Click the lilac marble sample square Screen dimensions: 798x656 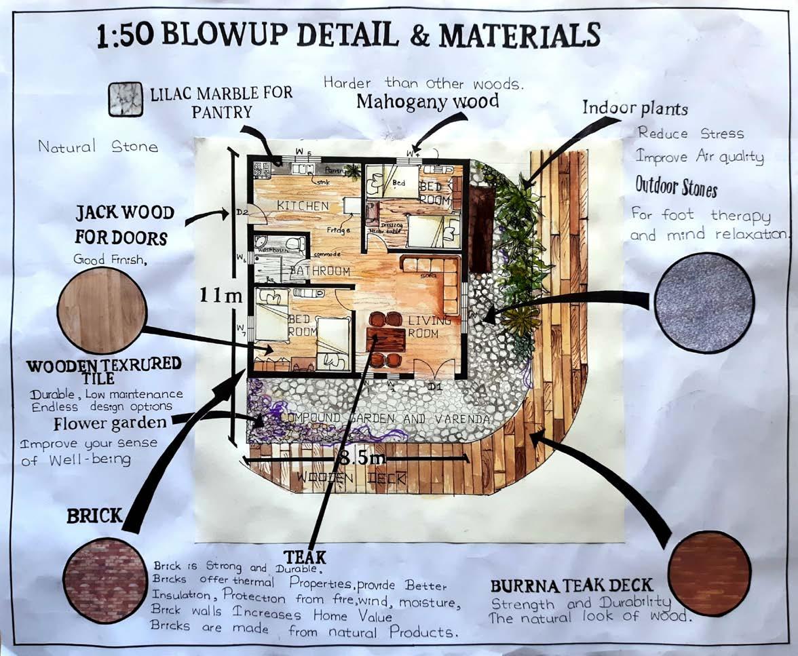click(126, 100)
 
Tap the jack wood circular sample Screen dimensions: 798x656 click(102, 309)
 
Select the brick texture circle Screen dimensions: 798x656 click(105, 579)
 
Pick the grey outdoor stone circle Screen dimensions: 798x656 click(704, 303)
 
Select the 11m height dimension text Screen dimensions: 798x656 click(221, 294)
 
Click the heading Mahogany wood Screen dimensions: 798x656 click(427, 102)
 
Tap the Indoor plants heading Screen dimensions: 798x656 click(635, 108)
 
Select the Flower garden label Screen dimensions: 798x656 click(110, 424)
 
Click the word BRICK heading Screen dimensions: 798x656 click(94, 516)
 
